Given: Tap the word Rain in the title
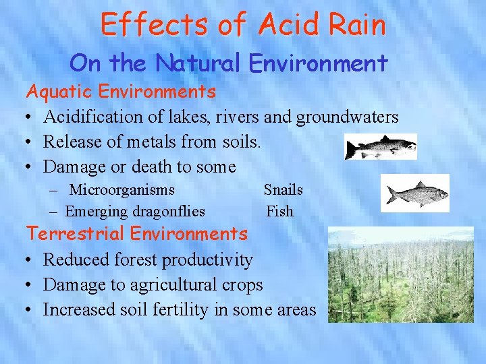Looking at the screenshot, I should click(357, 25).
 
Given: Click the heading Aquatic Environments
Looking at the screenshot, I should click(121, 90).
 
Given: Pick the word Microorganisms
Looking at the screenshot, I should click(122, 190).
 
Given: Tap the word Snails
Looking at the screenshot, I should click(283, 190).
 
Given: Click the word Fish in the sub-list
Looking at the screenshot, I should click(279, 212).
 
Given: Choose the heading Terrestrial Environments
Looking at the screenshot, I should click(137, 234).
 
